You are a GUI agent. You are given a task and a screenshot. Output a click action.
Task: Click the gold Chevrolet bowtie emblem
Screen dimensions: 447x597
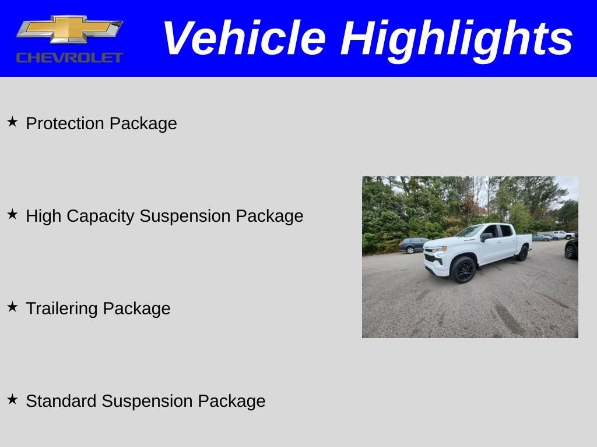point(69,29)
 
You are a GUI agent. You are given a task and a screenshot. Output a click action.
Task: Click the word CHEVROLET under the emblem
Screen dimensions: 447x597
point(69,58)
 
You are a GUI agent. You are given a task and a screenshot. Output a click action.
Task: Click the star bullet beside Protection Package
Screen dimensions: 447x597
point(12,122)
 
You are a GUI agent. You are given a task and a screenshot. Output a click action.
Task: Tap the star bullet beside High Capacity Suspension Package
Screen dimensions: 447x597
point(12,214)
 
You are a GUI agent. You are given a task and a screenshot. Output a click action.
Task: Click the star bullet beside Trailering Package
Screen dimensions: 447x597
point(12,307)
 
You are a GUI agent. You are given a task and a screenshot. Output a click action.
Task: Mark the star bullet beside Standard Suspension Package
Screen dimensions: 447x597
point(12,399)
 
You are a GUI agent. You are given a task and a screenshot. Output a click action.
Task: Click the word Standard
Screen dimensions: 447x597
point(61,401)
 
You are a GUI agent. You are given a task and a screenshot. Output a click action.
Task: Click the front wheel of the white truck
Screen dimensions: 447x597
point(463,270)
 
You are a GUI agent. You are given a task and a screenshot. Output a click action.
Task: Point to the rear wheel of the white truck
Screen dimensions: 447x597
point(522,253)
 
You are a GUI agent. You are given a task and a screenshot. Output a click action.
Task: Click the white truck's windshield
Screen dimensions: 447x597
point(470,232)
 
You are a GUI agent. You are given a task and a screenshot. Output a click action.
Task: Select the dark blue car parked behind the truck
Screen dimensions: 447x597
point(413,245)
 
